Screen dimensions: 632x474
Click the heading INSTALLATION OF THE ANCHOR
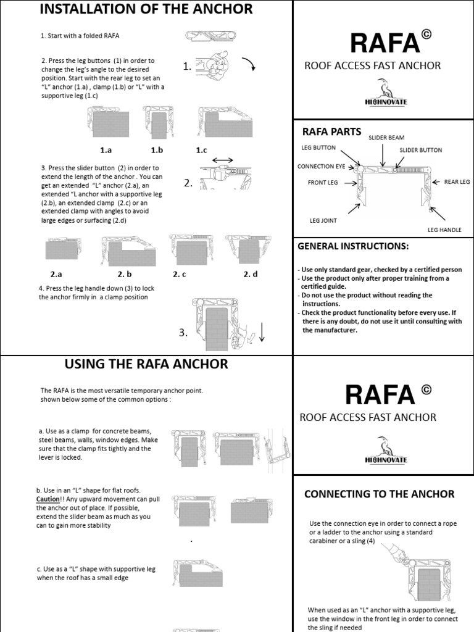tap(146, 9)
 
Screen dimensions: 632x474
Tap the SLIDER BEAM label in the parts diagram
tap(386, 136)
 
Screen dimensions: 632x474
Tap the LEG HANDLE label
tap(444, 230)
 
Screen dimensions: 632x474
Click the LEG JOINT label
tap(323, 219)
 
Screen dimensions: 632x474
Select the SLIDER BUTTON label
tap(421, 150)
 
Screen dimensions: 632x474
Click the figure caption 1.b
tap(157, 150)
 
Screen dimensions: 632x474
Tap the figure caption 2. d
tap(251, 274)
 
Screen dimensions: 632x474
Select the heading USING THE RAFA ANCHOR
tap(146, 365)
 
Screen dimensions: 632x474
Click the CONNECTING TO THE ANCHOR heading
tap(380, 494)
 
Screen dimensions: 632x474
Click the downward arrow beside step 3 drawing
tap(261, 331)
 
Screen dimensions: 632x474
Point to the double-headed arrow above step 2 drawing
tap(223, 160)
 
